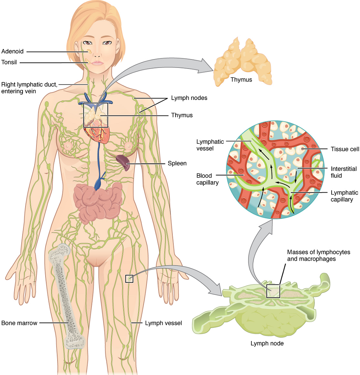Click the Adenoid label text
12,51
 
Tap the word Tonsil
9,62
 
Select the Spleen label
177,163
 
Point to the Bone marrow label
19,323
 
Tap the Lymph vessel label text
163,323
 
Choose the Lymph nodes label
189,98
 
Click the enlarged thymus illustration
242,62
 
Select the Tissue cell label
345,149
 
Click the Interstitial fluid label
344,172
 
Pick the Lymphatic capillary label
344,196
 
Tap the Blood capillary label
207,179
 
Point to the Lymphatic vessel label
210,145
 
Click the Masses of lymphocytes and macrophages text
318,255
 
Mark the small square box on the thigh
129,279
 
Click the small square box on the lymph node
273,291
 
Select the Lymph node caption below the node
267,343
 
